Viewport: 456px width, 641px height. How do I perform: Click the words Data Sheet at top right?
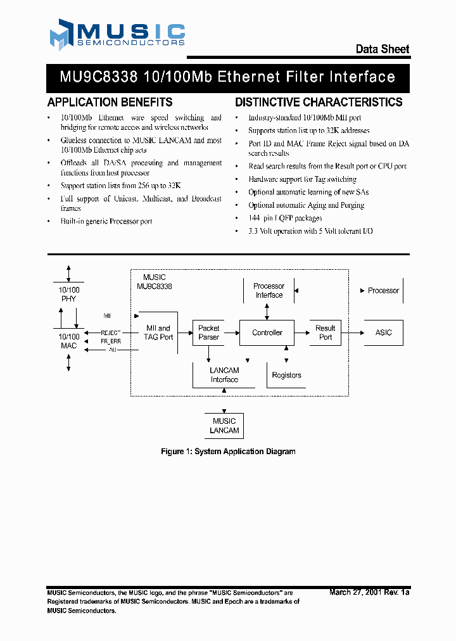point(382,49)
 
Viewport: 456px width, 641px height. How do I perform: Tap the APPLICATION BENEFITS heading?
point(110,102)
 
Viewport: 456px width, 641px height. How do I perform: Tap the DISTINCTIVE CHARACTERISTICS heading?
point(319,102)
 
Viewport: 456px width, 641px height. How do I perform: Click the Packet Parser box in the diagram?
point(209,333)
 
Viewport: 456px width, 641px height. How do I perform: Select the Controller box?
point(267,333)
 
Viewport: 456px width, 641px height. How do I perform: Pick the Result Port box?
point(325,333)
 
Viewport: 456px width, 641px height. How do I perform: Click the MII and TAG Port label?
point(159,333)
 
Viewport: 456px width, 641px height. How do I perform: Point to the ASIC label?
point(383,333)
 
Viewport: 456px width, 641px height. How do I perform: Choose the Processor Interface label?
point(269,291)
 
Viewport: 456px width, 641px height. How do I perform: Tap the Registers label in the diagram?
point(286,375)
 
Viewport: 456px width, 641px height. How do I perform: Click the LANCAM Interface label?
point(224,375)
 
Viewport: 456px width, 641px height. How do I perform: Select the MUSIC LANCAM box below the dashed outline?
point(224,426)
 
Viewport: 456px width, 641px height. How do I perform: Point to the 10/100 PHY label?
point(69,295)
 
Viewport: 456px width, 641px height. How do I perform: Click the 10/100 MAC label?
point(69,341)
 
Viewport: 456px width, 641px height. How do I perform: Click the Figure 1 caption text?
point(228,452)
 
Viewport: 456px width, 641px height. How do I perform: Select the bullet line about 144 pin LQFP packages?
point(285,218)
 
